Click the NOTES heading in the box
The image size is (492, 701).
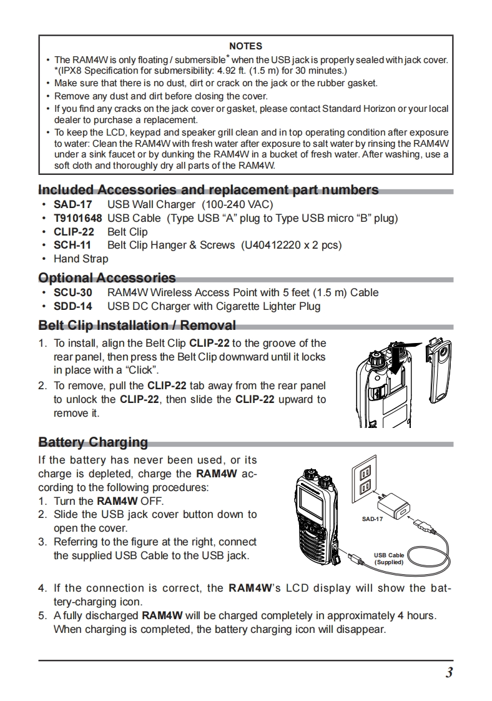(x=245, y=46)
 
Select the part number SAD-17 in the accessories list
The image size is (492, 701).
(x=72, y=204)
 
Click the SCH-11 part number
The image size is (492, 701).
(x=72, y=245)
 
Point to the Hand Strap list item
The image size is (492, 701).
(x=81, y=259)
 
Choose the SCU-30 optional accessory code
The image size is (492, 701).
(x=72, y=292)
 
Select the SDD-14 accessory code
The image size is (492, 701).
(x=72, y=306)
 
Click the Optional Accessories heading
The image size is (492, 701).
(x=107, y=277)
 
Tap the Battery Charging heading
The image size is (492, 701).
(x=93, y=442)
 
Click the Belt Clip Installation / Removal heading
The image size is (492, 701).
(x=137, y=325)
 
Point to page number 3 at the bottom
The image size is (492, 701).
(x=448, y=673)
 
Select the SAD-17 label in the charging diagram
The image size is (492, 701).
(x=373, y=519)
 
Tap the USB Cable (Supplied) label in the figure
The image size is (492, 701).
(x=389, y=559)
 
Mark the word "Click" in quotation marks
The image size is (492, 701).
(x=143, y=370)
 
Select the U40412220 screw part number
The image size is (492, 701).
(x=272, y=245)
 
